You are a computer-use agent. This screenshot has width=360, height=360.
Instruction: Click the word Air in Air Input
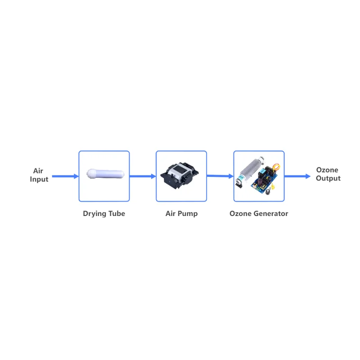pos(38,171)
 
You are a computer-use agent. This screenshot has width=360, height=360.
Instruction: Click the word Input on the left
pos(39,179)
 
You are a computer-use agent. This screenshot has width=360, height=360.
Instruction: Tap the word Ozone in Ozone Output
pos(327,170)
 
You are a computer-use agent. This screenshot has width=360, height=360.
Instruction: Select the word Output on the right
pos(328,178)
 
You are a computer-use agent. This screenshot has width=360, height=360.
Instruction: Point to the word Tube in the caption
pos(117,213)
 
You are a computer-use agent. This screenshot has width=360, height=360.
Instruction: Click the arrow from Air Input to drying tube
pos(65,176)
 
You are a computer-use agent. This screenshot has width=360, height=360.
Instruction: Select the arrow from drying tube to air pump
pos(143,176)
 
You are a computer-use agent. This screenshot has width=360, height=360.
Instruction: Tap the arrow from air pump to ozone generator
pos(220,176)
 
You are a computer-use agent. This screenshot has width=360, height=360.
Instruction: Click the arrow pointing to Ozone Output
pos(297,176)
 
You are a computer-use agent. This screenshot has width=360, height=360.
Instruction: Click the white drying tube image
pos(105,174)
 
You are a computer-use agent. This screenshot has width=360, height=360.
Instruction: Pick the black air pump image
pos(180,175)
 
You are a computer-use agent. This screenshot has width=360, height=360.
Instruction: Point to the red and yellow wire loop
pos(276,167)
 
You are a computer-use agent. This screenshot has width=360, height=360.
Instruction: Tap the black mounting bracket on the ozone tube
pos(239,184)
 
